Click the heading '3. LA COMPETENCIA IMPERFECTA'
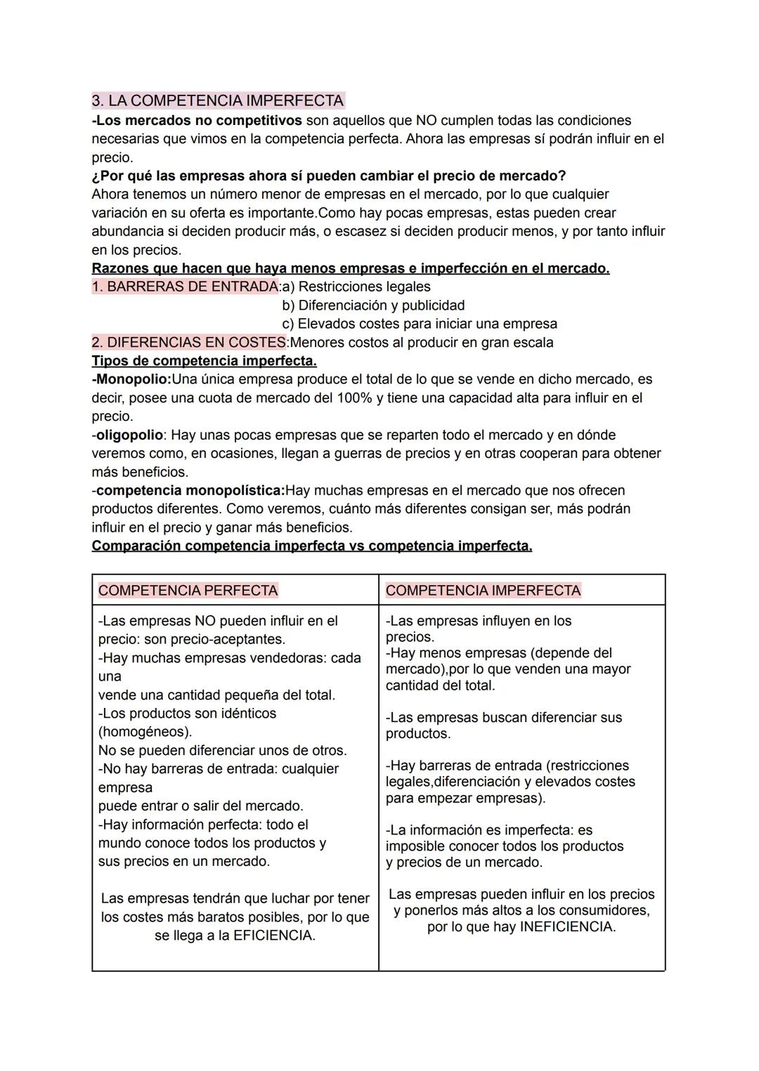[218, 100]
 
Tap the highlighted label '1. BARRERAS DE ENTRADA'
[185, 287]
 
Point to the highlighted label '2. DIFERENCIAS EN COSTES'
[190, 343]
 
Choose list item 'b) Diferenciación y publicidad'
[373, 305]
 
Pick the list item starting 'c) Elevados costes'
[420, 324]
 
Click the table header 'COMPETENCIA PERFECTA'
[188, 591]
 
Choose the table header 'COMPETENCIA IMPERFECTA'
[483, 591]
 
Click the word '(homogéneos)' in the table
[145, 732]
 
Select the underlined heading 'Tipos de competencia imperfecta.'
[204, 361]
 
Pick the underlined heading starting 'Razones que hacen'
[350, 268]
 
